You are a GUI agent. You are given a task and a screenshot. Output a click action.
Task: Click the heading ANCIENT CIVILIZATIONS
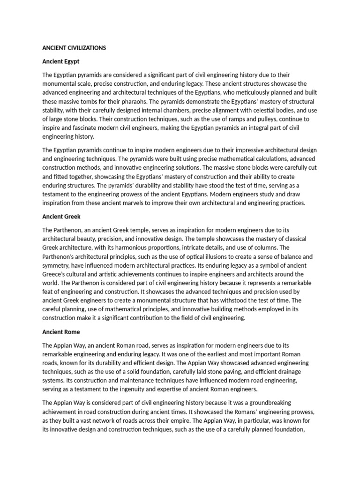(74, 48)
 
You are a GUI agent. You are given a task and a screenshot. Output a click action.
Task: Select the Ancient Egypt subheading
(60, 61)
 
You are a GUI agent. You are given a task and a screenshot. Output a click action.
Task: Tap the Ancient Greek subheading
(61, 217)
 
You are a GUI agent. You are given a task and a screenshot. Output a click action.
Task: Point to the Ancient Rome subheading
(61, 332)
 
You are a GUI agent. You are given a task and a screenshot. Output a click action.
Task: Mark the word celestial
(232, 110)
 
